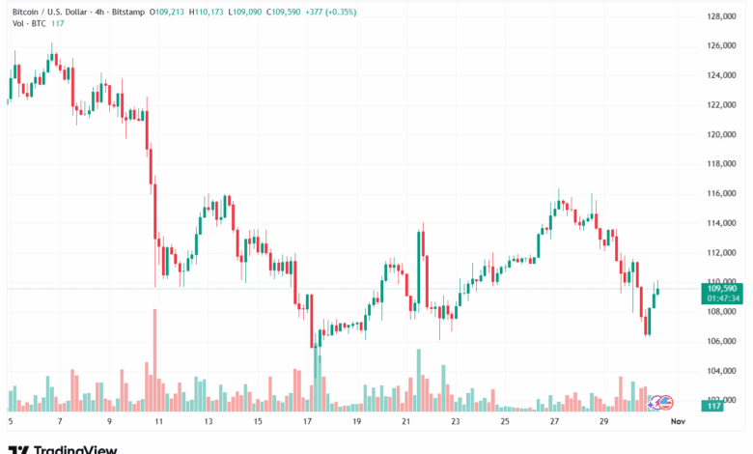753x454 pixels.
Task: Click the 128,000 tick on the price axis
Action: tap(721, 16)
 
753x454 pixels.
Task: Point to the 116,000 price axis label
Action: tap(721, 194)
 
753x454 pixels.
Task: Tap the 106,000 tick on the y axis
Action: tap(721, 341)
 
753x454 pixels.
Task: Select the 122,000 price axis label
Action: tap(721, 105)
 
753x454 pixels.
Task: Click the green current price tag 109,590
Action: tap(721, 288)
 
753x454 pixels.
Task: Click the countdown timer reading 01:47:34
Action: tap(721, 298)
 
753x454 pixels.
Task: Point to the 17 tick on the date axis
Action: tap(306, 422)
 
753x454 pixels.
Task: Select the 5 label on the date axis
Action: tap(10, 422)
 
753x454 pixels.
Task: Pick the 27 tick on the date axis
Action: tap(554, 422)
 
